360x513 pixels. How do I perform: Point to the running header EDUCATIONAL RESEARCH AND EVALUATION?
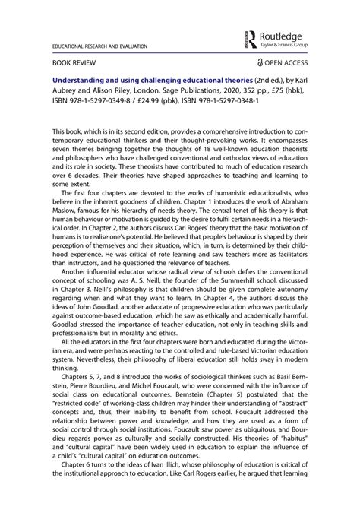[99, 47]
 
